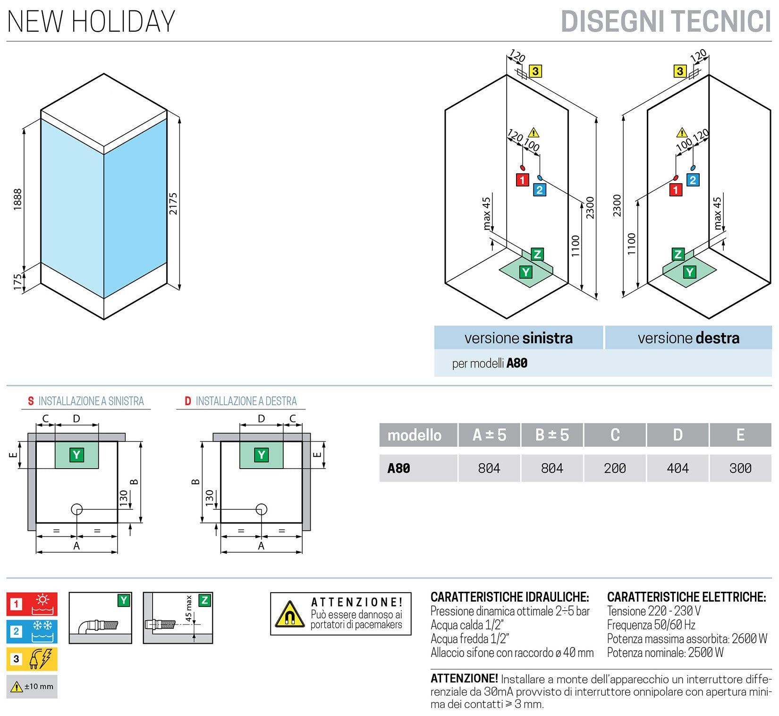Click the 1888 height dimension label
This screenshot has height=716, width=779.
pyautogui.click(x=17, y=199)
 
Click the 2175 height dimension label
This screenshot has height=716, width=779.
pyautogui.click(x=173, y=204)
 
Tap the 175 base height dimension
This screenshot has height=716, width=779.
pyautogui.click(x=17, y=282)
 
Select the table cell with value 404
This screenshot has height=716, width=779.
pyautogui.click(x=677, y=468)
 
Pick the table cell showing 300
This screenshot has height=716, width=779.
pyautogui.click(x=740, y=468)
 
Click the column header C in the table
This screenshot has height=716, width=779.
pyautogui.click(x=615, y=435)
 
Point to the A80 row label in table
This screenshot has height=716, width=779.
pyautogui.click(x=399, y=468)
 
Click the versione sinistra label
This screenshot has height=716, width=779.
pyautogui.click(x=518, y=338)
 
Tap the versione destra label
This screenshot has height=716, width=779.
pyautogui.click(x=688, y=338)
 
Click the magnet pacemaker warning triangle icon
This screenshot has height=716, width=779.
pyautogui.click(x=289, y=614)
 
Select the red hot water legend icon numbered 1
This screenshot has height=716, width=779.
pyautogui.click(x=32, y=604)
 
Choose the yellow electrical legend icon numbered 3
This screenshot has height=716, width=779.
pyautogui.click(x=32, y=659)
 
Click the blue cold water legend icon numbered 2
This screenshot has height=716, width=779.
pyautogui.click(x=32, y=631)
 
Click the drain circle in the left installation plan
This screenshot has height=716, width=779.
pyautogui.click(x=76, y=509)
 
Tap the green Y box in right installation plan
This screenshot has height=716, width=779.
pyautogui.click(x=261, y=455)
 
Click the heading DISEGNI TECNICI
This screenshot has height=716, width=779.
pyautogui.click(x=665, y=21)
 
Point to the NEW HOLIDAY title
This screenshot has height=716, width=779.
pyautogui.click(x=91, y=22)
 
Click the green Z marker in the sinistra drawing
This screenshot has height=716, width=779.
pyautogui.click(x=537, y=255)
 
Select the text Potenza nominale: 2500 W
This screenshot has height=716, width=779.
pyautogui.click(x=665, y=653)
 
